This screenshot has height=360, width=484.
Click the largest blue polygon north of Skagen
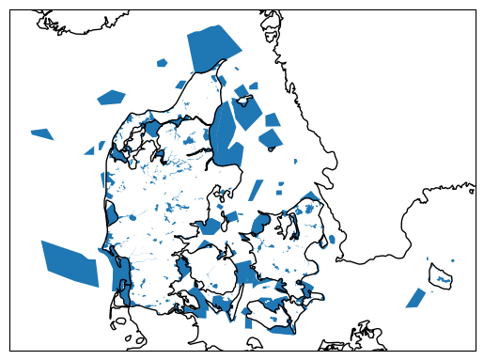(213, 48)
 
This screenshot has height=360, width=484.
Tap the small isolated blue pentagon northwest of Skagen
(162, 63)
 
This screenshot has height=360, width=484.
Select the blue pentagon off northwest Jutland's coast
(111, 97)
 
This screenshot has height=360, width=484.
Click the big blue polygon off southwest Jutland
(70, 264)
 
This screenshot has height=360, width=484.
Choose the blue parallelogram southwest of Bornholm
(414, 298)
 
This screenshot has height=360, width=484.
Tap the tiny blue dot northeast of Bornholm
(453, 260)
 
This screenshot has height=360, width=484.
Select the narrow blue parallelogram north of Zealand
(256, 189)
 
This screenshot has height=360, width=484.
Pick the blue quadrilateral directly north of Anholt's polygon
(273, 120)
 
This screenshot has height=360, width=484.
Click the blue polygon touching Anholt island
(270, 139)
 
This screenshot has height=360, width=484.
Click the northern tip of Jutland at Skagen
(226, 62)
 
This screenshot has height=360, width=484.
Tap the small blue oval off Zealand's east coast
(331, 241)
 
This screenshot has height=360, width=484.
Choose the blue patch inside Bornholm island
(443, 277)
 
